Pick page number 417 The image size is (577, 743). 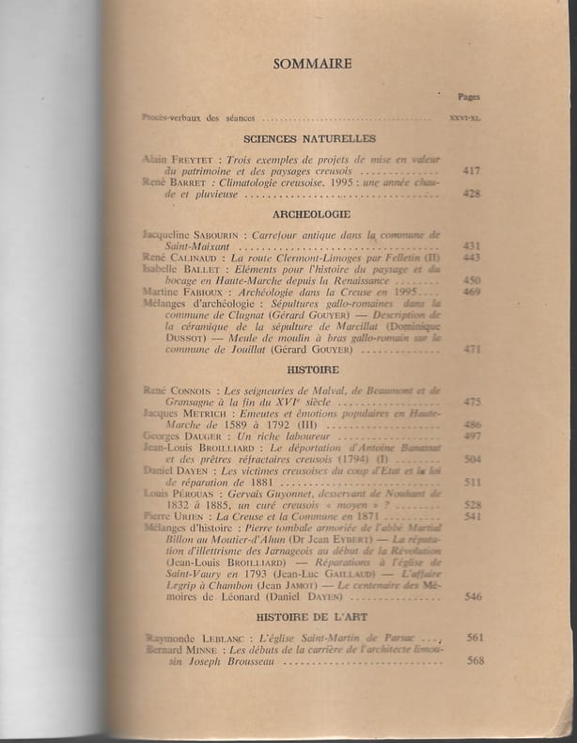(x=472, y=172)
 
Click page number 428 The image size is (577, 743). (x=472, y=194)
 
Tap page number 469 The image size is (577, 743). (x=472, y=292)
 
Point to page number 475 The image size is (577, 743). (x=472, y=402)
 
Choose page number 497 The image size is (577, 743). (x=472, y=436)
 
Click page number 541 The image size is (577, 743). (x=472, y=515)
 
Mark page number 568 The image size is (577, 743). (x=475, y=660)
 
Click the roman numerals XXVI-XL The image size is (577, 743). (x=465, y=119)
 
